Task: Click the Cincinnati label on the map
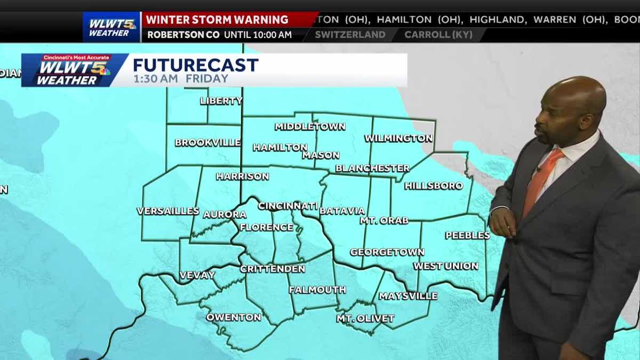pos(288,206)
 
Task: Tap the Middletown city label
pos(310,126)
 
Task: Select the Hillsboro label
pos(434,186)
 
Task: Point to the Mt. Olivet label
pos(365,318)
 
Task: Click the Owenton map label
pos(234,317)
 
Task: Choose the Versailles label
pos(168,211)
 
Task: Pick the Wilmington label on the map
pos(398,138)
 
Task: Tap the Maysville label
pos(408,295)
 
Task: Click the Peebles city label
pos(467,235)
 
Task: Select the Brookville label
pos(207,143)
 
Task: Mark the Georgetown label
pos(387,252)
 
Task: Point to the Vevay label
pos(197,275)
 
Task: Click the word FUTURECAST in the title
pos(195,65)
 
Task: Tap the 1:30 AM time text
pos(157,79)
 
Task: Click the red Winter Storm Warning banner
pos(217,20)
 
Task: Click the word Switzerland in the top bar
pos(350,35)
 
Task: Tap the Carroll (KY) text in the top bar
pos(437,35)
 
